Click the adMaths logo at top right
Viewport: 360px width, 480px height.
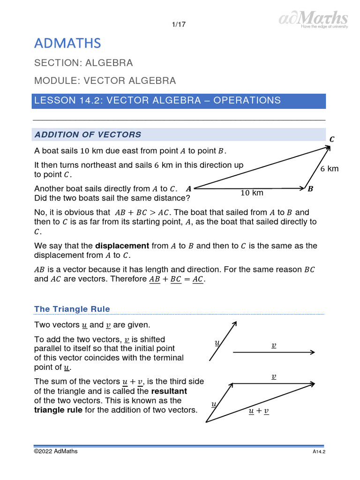314,19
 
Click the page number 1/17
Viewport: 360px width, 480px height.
180,25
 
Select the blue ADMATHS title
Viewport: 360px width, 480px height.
67,44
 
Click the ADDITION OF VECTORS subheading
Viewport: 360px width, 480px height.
88,135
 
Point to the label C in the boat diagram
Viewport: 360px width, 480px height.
332,139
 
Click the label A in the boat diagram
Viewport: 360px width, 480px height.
188,189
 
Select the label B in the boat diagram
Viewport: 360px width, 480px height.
310,189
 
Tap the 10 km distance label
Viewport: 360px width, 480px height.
252,193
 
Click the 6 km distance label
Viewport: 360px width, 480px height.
329,169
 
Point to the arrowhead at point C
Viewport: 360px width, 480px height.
329,147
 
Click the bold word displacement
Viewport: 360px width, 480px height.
122,246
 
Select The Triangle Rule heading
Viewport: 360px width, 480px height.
72,309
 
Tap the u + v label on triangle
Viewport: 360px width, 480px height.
259,411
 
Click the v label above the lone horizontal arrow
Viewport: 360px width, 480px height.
274,345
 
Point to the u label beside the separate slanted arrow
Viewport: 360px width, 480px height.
217,343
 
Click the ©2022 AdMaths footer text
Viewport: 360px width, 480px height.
56,451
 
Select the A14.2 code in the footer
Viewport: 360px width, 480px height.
319,452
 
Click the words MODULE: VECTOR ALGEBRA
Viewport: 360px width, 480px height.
105,81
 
